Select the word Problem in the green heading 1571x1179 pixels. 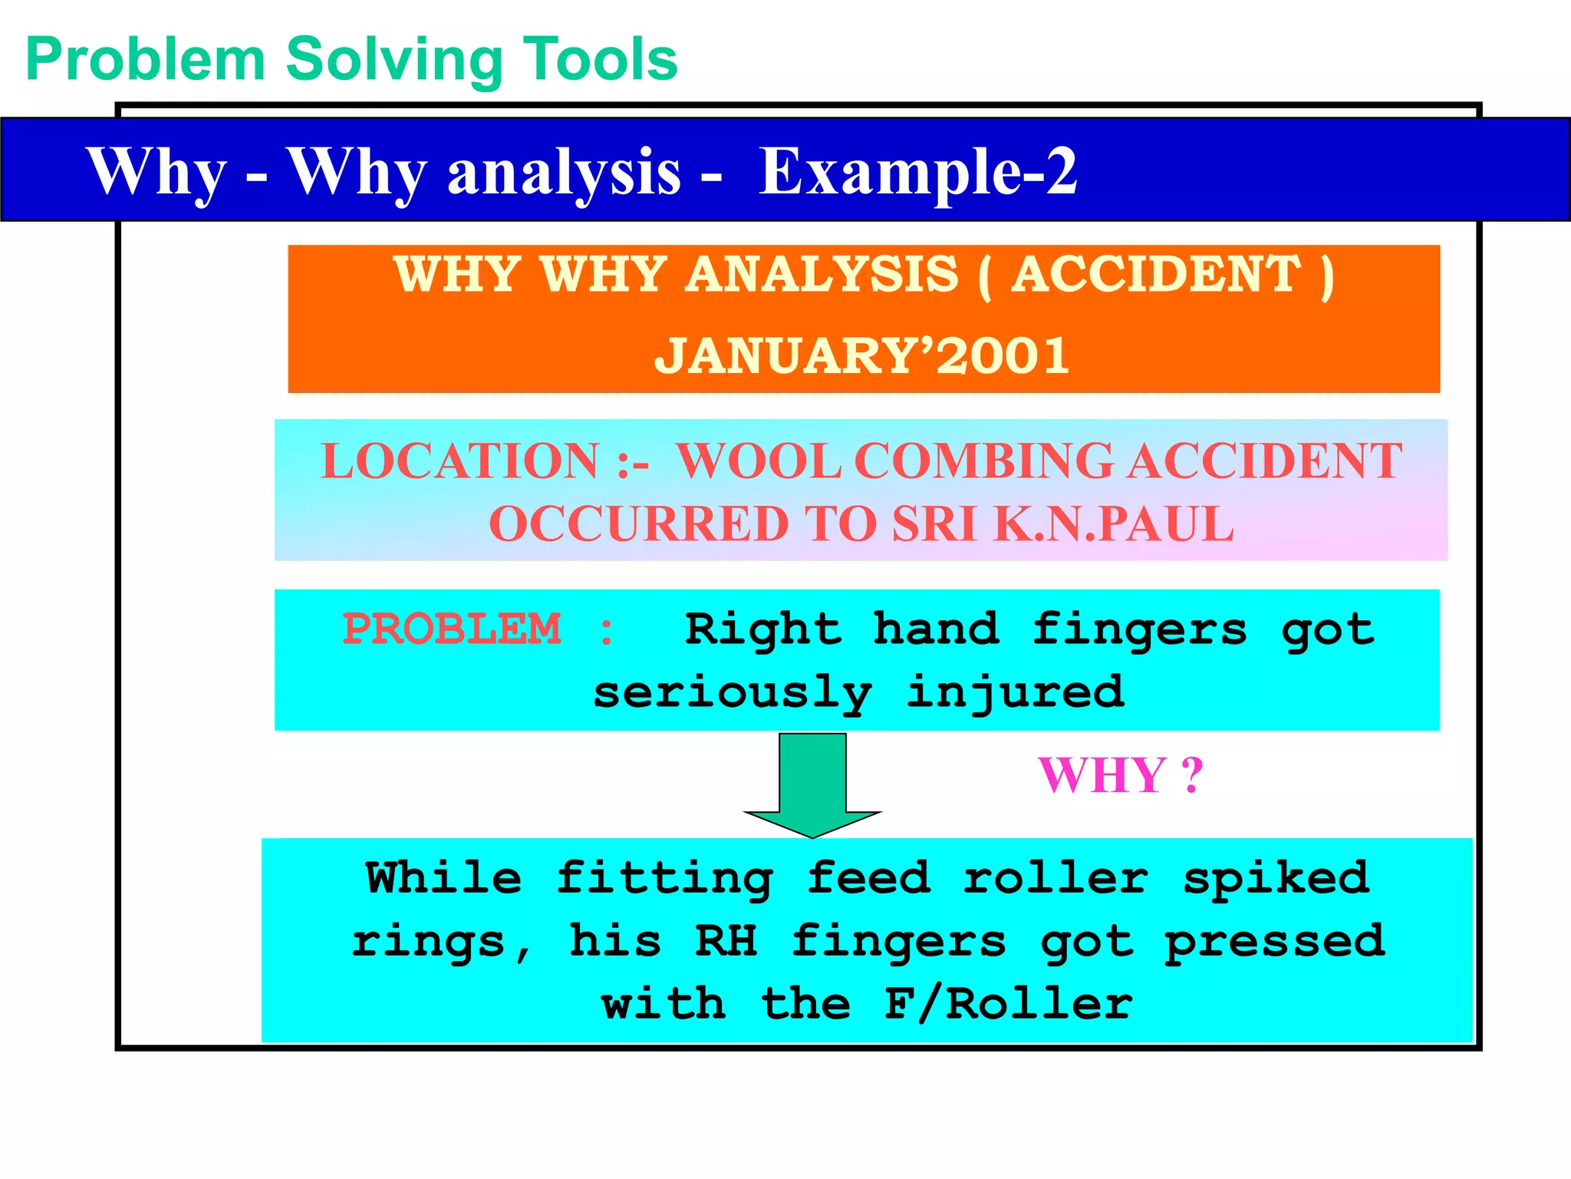click(146, 60)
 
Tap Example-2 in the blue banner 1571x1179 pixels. click(918, 172)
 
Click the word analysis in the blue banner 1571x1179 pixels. click(564, 173)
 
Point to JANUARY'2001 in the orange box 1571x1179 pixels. click(862, 355)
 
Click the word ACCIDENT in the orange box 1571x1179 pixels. click(1156, 274)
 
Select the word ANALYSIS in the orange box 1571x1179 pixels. click(822, 274)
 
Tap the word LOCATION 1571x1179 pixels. click(459, 461)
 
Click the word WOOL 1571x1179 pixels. click(759, 461)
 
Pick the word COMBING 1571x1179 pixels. click(983, 461)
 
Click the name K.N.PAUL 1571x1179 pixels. click(1114, 524)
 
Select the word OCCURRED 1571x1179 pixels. click(638, 524)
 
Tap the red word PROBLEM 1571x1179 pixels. click(452, 629)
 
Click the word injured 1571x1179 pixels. click(1016, 692)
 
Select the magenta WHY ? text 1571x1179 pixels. click(1120, 775)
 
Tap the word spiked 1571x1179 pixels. click(1276, 878)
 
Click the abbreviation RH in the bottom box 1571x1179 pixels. click(726, 941)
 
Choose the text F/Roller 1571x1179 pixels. click(1008, 1004)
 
